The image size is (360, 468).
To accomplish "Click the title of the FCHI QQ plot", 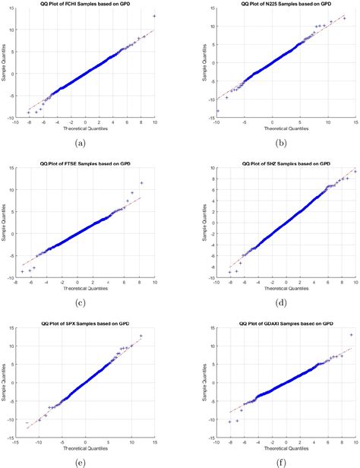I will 86,5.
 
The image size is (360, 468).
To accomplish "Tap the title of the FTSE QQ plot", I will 86,163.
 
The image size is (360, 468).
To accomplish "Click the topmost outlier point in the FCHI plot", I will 155,16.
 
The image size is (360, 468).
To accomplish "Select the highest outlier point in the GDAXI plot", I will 351,334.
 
